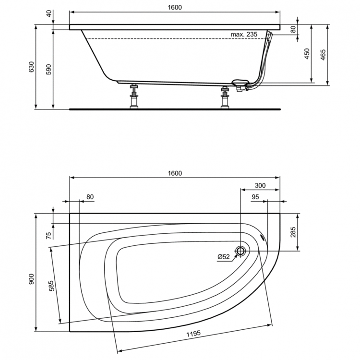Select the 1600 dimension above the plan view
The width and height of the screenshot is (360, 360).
click(175, 173)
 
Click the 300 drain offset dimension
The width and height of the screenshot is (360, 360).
click(260, 185)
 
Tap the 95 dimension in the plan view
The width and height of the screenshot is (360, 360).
click(254, 197)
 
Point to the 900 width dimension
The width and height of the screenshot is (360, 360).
click(31, 280)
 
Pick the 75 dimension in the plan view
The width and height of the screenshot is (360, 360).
click(48, 235)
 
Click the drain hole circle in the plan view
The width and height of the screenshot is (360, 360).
click(241, 251)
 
